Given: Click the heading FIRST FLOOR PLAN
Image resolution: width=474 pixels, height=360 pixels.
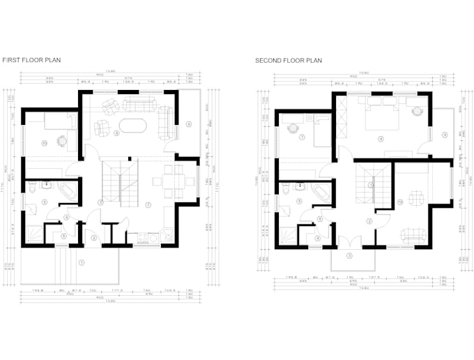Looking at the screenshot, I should [x=31, y=61].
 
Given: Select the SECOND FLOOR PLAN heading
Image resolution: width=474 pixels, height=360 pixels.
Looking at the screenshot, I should [x=289, y=61].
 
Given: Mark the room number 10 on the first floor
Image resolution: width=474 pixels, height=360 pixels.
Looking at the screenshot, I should [x=44, y=143].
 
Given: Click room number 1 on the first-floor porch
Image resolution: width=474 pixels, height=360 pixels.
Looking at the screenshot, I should [x=82, y=262].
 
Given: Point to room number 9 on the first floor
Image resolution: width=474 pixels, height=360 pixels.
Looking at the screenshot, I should [x=188, y=125].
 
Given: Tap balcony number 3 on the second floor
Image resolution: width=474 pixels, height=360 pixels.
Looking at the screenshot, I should [x=350, y=255].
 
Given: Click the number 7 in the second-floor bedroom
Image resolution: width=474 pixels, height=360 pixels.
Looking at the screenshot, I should [x=301, y=137].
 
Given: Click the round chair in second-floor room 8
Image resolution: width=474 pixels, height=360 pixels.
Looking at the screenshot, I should [x=418, y=112].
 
